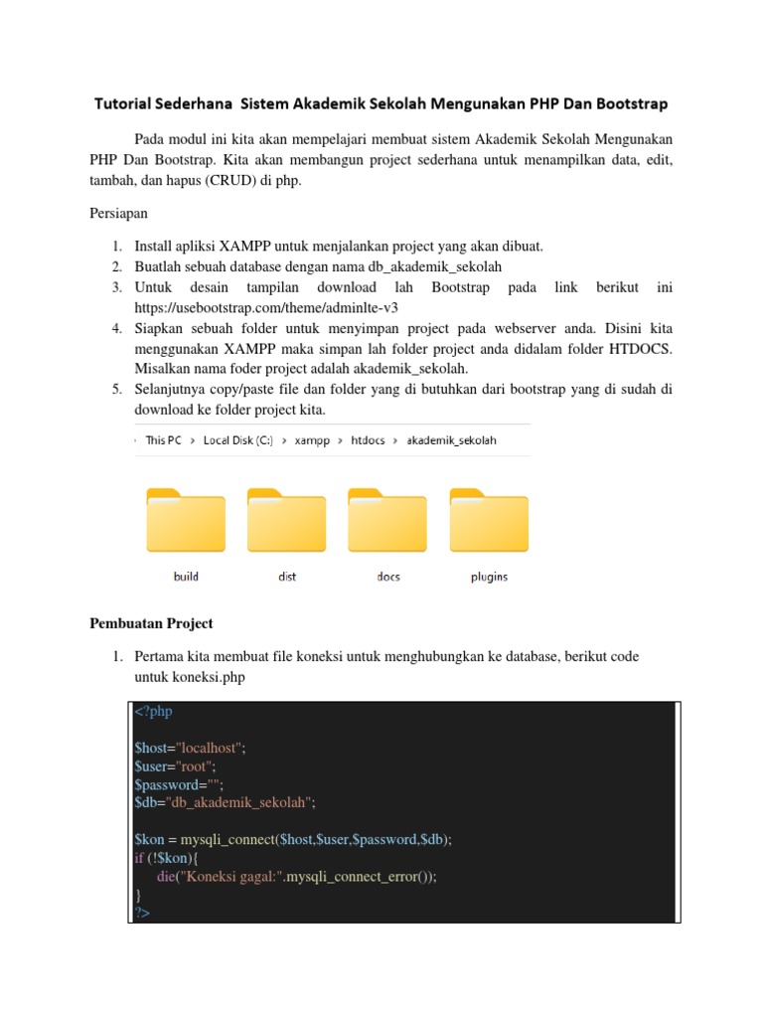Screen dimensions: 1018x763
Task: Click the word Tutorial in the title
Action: [x=127, y=103]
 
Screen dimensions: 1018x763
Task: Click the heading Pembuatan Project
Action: [x=151, y=623]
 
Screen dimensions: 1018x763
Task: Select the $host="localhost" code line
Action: [x=189, y=748]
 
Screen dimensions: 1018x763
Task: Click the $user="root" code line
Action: [x=176, y=766]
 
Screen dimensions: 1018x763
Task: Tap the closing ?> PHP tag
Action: [x=141, y=912]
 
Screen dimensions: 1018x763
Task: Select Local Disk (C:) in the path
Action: [x=237, y=439]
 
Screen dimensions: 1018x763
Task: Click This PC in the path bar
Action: [x=163, y=439]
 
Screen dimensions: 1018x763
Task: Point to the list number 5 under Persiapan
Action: [x=116, y=389]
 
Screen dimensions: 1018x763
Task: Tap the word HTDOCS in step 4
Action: [x=637, y=348]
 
